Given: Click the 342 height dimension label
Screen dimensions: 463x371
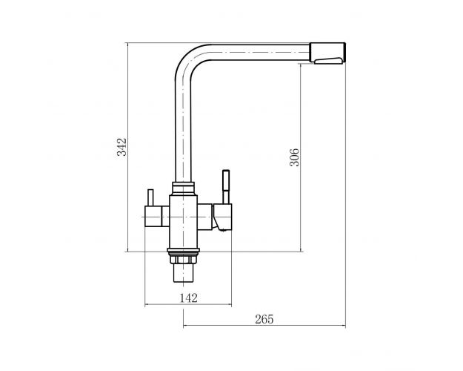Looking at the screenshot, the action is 121,147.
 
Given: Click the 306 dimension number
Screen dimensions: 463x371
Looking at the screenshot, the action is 294,157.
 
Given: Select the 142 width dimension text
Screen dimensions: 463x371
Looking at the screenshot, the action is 188,298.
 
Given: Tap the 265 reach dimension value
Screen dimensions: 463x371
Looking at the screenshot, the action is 264,319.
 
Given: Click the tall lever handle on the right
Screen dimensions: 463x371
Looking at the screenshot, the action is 226,187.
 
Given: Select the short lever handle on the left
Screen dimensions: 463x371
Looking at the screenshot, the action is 150,197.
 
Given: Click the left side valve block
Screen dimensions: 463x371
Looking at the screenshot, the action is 157,216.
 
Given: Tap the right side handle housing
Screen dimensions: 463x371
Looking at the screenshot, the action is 221,217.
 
